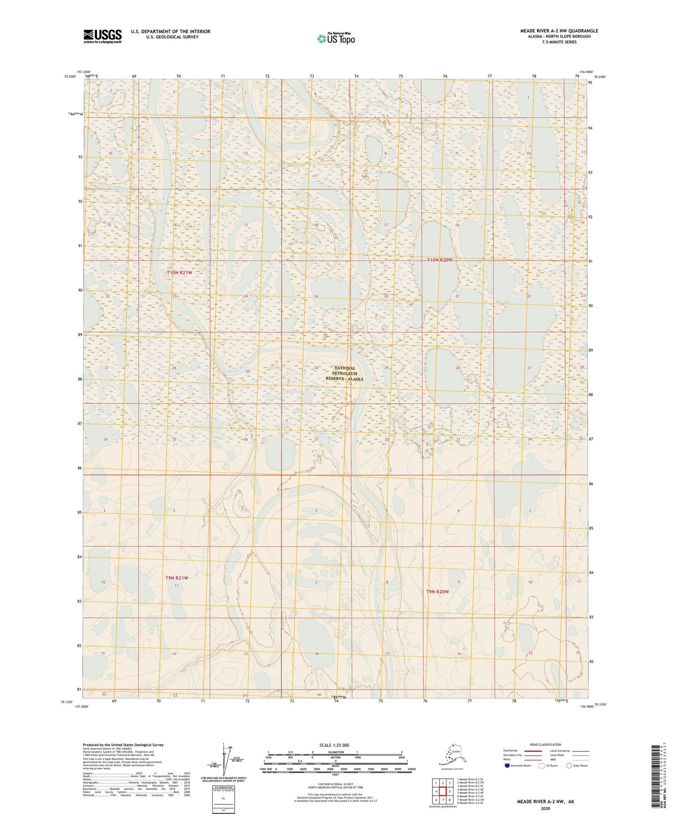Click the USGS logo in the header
[102, 36]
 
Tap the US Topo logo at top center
[335, 38]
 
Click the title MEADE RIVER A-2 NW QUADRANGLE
[558, 31]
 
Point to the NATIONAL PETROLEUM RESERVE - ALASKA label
[344, 373]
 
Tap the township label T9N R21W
[176, 578]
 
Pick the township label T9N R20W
[437, 592]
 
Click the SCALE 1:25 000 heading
[335, 745]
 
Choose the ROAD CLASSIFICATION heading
[545, 744]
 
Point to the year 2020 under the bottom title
[545, 808]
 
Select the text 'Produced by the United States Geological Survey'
[123, 744]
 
